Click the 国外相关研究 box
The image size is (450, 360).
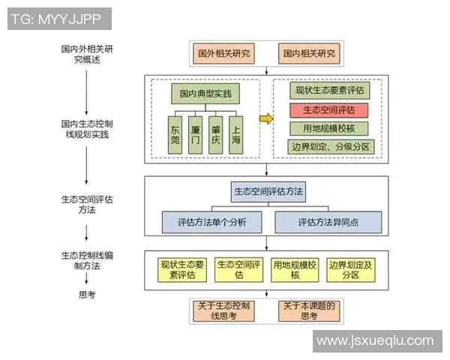(x=224, y=55)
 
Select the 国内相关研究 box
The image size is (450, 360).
(x=308, y=55)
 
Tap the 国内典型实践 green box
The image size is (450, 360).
(x=206, y=95)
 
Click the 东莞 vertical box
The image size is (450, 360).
(x=175, y=133)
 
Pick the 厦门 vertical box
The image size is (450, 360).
(x=196, y=133)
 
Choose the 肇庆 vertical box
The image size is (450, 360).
(x=216, y=133)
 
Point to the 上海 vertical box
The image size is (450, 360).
(x=236, y=133)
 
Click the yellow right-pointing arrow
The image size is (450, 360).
(x=265, y=118)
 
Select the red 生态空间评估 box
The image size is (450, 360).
(x=330, y=109)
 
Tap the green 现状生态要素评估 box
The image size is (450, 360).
(x=330, y=90)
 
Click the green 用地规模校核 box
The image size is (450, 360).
(x=330, y=128)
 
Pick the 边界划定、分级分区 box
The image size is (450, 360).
(x=330, y=147)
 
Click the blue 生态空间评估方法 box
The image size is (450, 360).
(x=268, y=192)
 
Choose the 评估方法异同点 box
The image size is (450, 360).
(x=328, y=223)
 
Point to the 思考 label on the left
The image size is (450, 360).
(x=88, y=295)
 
